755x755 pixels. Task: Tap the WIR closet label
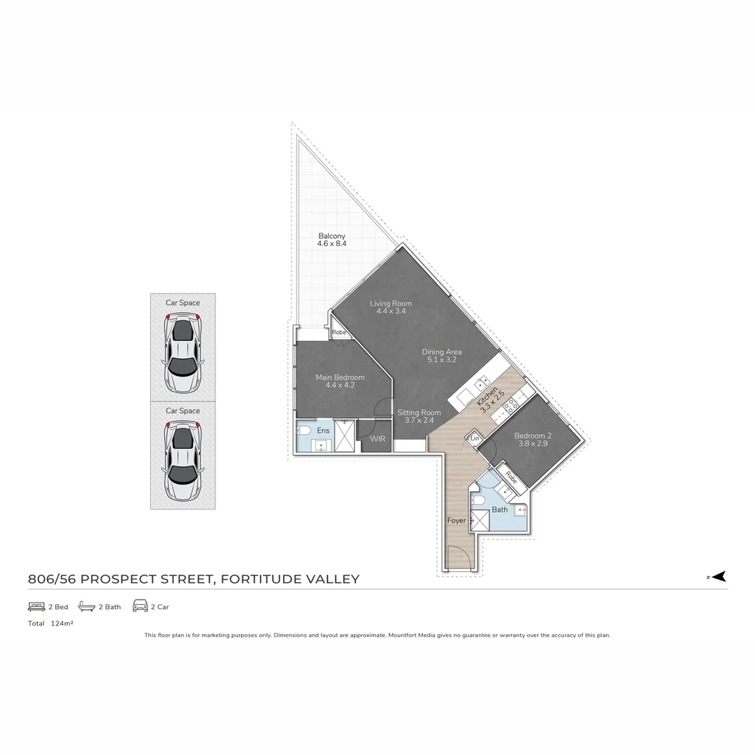(377, 439)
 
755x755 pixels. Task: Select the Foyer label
(456, 521)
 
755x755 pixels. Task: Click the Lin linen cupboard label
(475, 438)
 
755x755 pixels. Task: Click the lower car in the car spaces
(182, 460)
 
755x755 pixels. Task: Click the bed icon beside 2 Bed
(36, 607)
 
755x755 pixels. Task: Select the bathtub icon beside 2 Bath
(86, 607)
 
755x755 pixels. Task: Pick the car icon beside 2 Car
(140, 607)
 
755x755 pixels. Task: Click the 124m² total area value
(62, 624)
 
